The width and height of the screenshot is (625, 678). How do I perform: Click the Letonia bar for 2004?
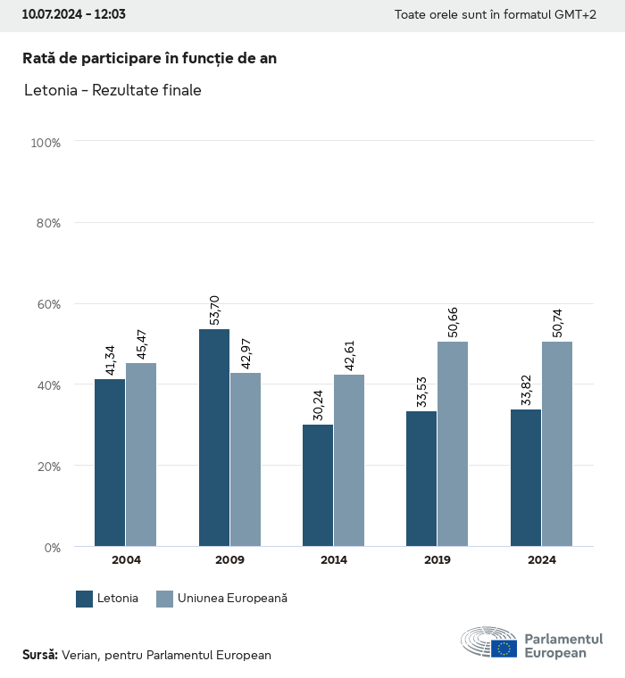[x=110, y=462]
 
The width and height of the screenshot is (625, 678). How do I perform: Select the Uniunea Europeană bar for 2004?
[x=141, y=454]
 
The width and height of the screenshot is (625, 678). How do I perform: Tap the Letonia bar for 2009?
[x=214, y=437]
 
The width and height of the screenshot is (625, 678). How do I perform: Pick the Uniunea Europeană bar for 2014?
[x=349, y=460]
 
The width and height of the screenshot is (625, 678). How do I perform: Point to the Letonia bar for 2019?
[x=421, y=478]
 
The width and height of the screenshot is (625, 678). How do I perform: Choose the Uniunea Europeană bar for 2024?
[x=556, y=443]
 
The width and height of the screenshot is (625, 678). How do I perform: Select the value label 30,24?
[x=318, y=404]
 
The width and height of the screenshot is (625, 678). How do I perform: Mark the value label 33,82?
[x=526, y=390]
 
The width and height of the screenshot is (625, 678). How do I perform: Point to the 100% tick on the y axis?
[x=46, y=143]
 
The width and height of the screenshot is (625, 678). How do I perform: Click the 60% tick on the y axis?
[x=48, y=304]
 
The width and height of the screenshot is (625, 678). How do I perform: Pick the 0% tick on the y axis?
[x=52, y=547]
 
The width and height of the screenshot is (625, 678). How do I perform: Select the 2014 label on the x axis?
[x=334, y=560]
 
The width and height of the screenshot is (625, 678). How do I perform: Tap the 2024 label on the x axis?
[x=541, y=560]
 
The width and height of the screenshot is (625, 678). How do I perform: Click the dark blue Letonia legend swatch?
[x=85, y=599]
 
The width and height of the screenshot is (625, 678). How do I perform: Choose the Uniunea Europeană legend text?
[x=233, y=599]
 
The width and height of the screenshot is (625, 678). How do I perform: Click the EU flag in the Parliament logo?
[x=504, y=649]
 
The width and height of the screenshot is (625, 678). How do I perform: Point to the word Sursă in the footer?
[x=39, y=655]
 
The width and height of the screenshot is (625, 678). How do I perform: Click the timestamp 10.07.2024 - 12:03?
[x=73, y=15]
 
